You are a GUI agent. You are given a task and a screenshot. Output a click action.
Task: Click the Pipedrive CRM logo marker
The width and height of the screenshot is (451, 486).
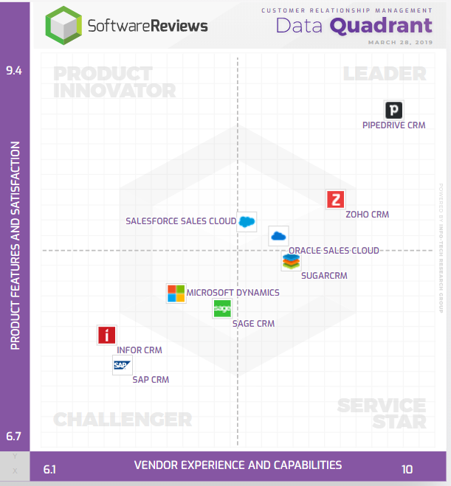click(394, 111)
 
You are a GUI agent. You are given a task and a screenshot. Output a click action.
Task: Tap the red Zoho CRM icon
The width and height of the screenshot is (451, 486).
click(336, 199)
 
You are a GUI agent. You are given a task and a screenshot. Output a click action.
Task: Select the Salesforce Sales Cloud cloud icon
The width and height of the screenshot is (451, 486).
click(246, 221)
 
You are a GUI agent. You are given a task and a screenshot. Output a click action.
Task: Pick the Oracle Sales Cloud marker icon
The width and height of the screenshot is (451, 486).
click(278, 236)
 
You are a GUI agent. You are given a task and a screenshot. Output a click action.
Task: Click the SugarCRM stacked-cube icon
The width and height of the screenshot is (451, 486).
click(291, 261)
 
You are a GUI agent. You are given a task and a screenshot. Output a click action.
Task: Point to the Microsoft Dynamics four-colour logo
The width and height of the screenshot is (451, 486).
click(176, 293)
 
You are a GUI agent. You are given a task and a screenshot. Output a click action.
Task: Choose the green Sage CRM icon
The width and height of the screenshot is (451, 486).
click(222, 309)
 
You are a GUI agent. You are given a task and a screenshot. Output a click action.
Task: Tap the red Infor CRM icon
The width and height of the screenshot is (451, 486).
click(107, 336)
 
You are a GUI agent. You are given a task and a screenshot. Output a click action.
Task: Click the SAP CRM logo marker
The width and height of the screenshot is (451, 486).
click(122, 364)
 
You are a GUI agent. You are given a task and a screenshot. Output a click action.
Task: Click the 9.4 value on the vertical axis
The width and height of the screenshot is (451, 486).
click(14, 71)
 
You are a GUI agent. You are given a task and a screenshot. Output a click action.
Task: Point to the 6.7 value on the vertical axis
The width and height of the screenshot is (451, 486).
click(14, 437)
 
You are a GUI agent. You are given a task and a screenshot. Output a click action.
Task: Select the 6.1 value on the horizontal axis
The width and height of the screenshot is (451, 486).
click(50, 469)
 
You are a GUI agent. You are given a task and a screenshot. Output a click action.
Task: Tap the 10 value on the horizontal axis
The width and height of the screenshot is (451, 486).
click(407, 469)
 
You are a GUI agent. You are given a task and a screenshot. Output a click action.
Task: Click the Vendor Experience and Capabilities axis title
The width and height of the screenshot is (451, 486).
click(238, 465)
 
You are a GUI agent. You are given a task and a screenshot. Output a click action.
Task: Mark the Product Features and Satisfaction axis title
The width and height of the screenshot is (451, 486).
click(15, 246)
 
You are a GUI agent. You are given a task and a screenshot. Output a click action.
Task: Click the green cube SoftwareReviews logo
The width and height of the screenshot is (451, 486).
click(63, 26)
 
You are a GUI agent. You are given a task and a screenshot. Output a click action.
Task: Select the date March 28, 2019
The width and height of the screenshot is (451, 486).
click(399, 43)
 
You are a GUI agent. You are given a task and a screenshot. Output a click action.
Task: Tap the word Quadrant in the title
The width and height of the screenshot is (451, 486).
click(380, 26)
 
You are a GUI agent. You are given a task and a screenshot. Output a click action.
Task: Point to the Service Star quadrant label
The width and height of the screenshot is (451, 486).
click(382, 414)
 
